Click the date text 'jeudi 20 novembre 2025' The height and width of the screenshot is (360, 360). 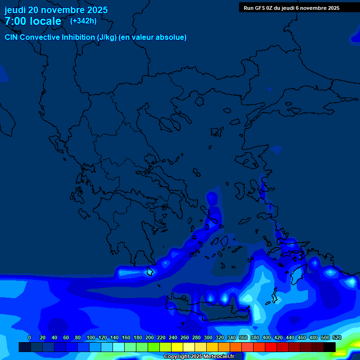[x=56, y=10]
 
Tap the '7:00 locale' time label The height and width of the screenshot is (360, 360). [x=33, y=21]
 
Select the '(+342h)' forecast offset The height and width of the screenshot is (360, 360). [x=83, y=21]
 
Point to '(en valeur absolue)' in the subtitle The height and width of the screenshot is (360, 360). [x=153, y=37]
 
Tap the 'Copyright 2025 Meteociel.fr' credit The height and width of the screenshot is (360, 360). [x=199, y=357]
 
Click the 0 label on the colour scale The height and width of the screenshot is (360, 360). [x=30, y=337]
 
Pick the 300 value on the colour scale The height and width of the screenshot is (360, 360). [x=208, y=337]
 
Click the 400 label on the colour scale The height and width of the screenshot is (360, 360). [x=266, y=337]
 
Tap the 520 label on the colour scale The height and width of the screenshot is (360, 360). [x=337, y=337]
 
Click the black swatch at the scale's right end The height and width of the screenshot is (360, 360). [x=330, y=347]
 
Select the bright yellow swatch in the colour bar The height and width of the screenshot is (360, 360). [x=177, y=347]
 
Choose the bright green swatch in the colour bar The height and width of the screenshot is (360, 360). [x=153, y=347]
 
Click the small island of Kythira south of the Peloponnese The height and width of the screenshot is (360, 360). [x=150, y=271]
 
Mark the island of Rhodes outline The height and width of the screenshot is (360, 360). [x=297, y=275]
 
